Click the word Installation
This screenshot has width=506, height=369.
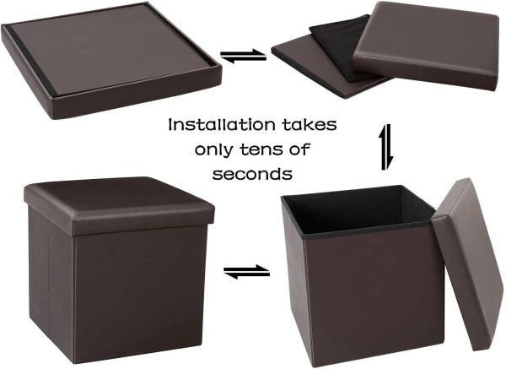pos(222,125)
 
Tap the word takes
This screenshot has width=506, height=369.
pos(310,125)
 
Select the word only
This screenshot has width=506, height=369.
pos(213,150)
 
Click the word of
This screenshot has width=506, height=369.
pos(299,149)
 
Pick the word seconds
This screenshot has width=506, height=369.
pos(252,174)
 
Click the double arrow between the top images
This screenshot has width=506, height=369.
pos(244,56)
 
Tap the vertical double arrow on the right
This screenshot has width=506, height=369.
pos(386,147)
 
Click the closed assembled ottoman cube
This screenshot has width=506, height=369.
pos(118,269)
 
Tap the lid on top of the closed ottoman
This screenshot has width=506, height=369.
pos(119,205)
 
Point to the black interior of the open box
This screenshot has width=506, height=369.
pos(357,209)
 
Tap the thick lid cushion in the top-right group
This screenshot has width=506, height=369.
pos(425,46)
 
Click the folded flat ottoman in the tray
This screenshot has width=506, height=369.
pos(111,60)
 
